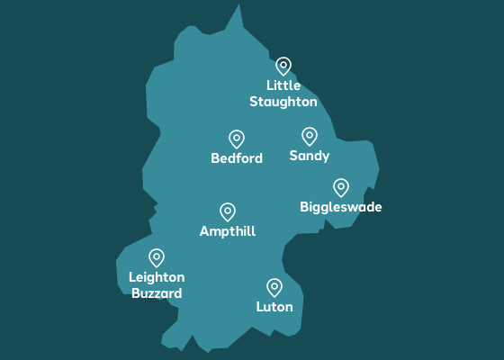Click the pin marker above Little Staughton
point(283,66)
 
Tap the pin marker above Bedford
point(237,139)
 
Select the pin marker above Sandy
point(310,136)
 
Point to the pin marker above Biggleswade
point(341,187)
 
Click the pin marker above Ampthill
point(228,211)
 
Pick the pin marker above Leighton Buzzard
point(157,258)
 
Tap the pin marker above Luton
point(274,287)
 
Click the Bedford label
point(237,159)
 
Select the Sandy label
point(310,157)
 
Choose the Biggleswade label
point(341,208)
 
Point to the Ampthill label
point(228,232)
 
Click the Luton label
point(274,308)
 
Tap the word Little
point(283,85)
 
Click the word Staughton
point(283,102)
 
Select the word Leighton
point(157,277)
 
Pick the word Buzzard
point(157,293)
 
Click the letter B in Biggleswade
point(304,207)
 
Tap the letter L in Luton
point(259,307)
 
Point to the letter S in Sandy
point(293,157)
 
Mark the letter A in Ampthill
point(204,231)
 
